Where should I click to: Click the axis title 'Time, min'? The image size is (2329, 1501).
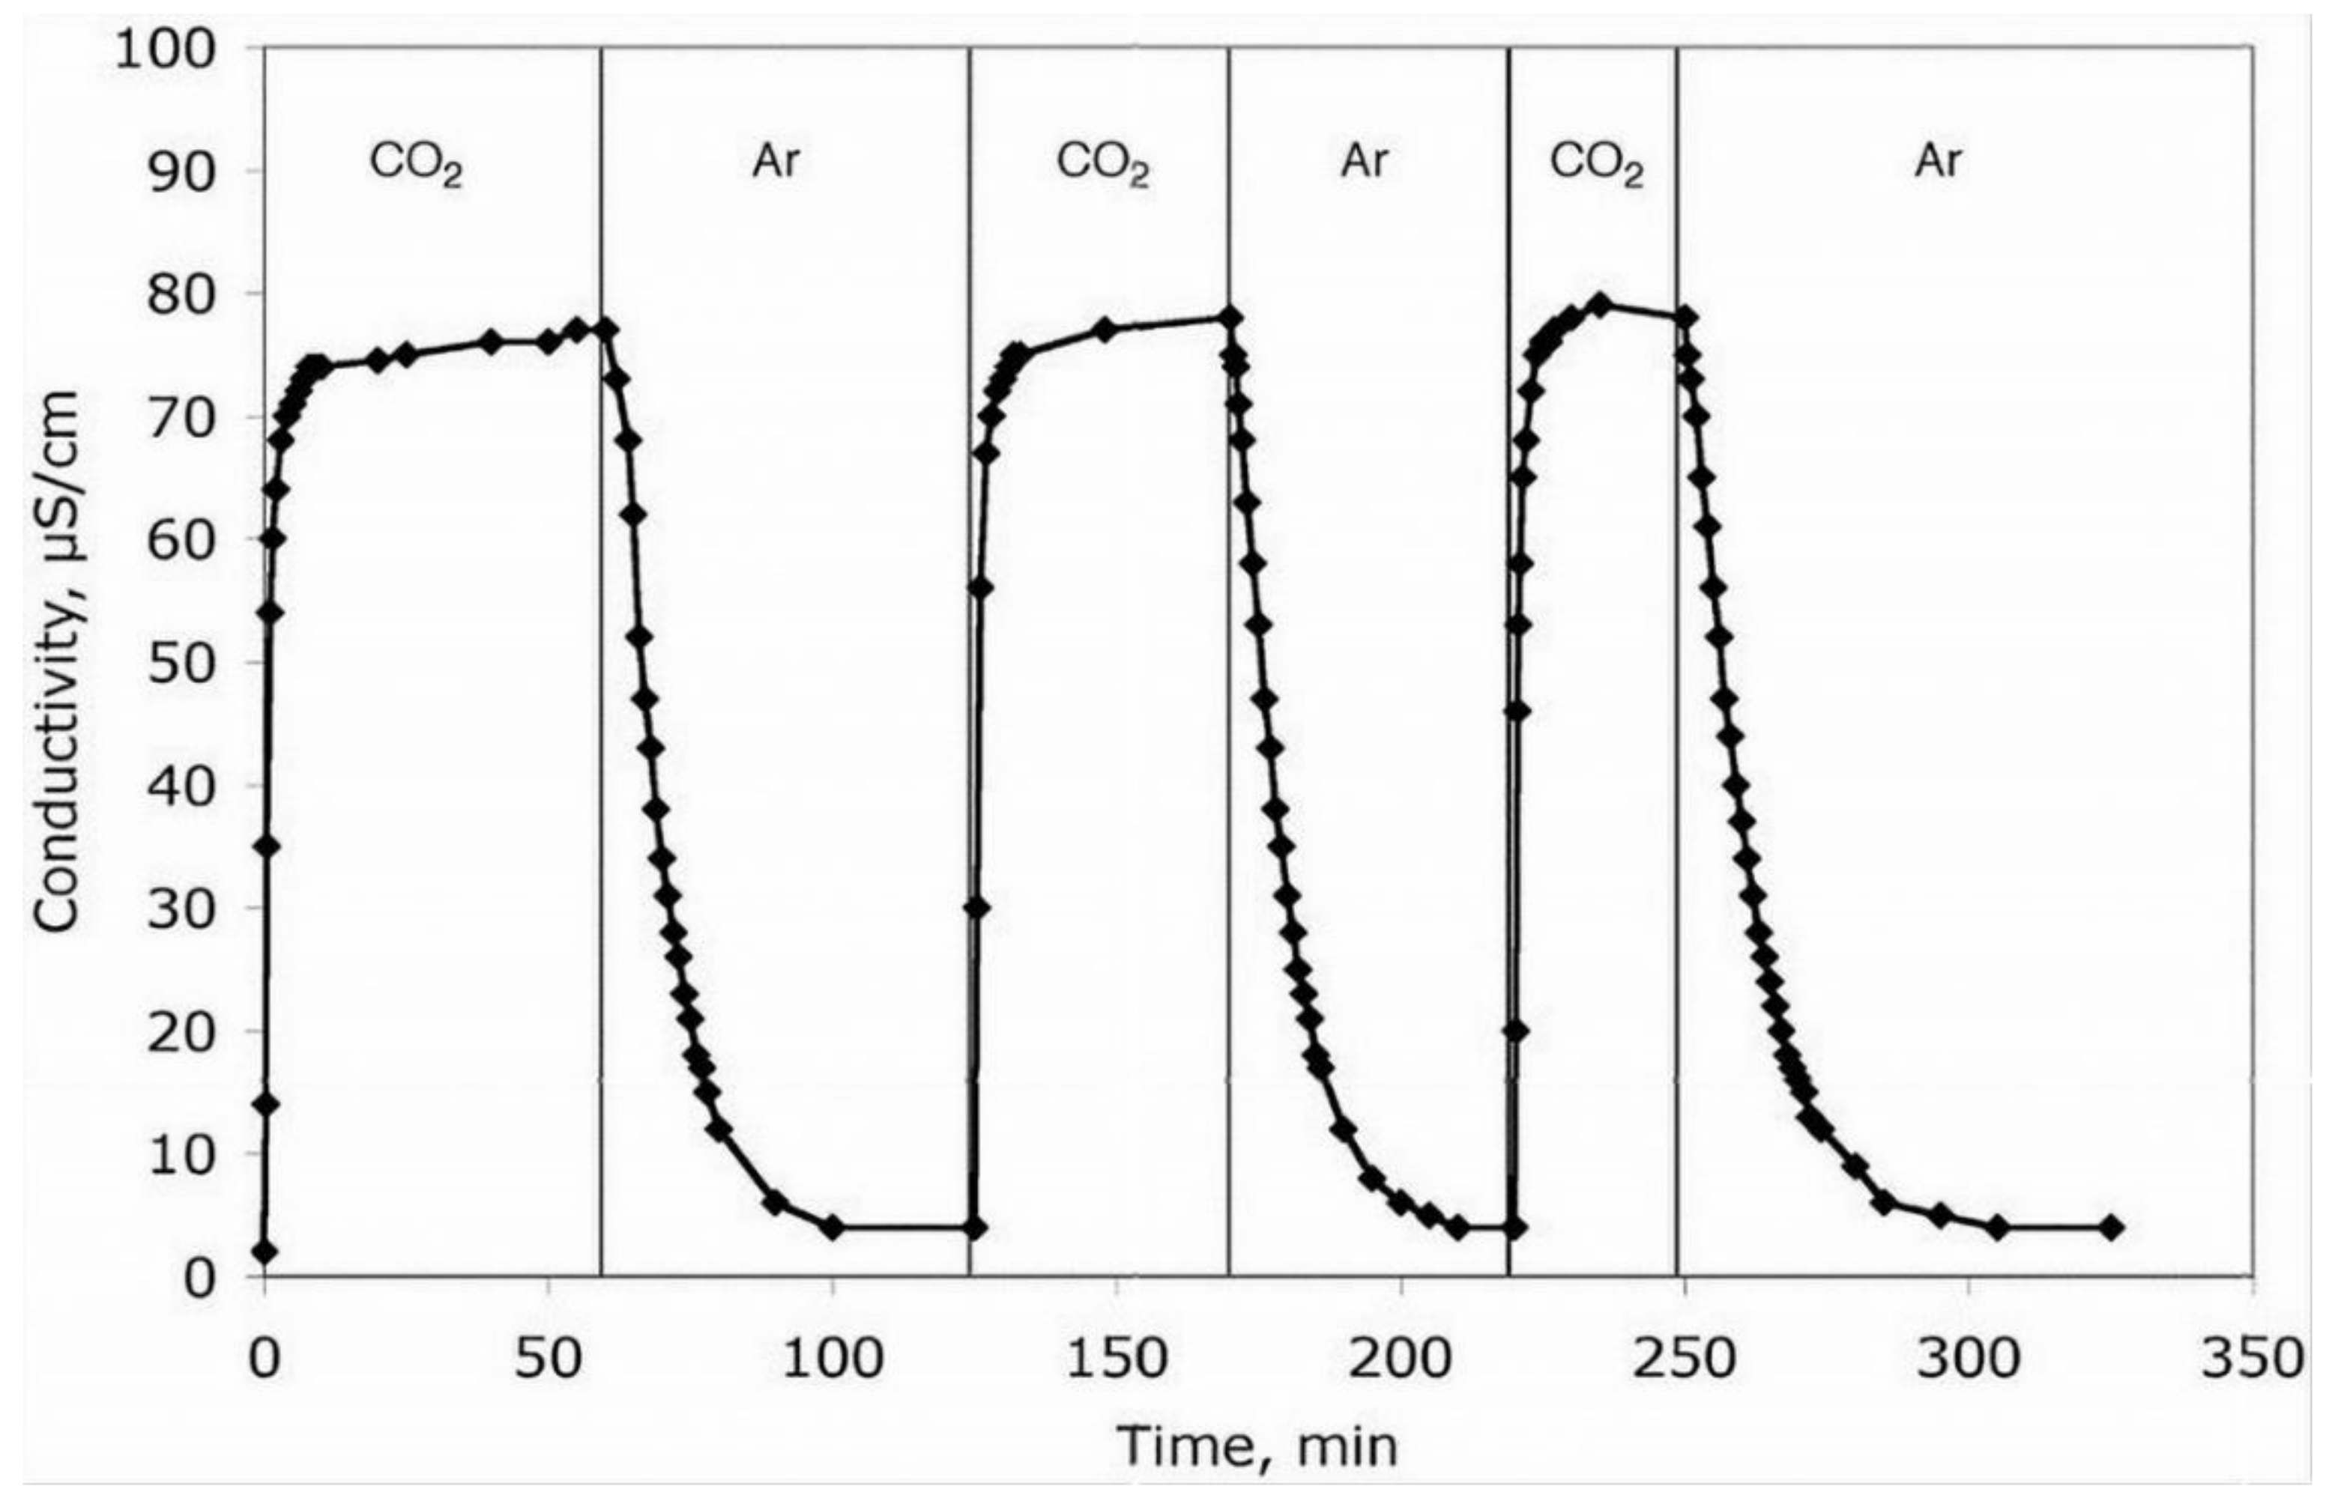1257,1446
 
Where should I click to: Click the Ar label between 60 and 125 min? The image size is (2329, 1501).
776,161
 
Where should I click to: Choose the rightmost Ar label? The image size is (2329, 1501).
1938,161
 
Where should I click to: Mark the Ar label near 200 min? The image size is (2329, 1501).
1364,161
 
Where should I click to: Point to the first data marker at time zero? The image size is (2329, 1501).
265,1252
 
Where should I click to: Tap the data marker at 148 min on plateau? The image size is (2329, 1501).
1105,330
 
